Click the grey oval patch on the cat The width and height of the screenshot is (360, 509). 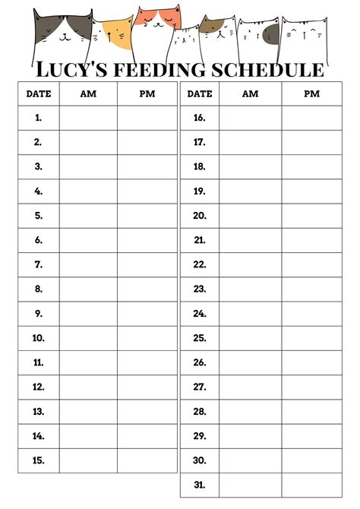pyautogui.click(x=270, y=33)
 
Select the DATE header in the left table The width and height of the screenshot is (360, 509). pyautogui.click(x=38, y=93)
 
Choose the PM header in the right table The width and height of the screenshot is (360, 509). pyautogui.click(x=311, y=93)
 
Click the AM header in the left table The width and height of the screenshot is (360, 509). pyautogui.click(x=88, y=93)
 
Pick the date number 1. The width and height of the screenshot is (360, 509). pyautogui.click(x=38, y=118)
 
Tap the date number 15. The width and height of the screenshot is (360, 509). pyautogui.click(x=38, y=460)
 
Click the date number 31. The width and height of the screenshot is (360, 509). pyautogui.click(x=200, y=485)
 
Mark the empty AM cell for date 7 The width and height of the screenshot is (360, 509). pyautogui.click(x=88, y=264)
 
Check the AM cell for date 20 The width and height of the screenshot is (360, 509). pyautogui.click(x=250, y=216)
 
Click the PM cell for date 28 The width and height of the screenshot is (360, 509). pyautogui.click(x=311, y=411)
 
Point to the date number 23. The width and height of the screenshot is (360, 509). pyautogui.click(x=200, y=289)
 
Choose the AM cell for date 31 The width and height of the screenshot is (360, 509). pyautogui.click(x=250, y=485)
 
